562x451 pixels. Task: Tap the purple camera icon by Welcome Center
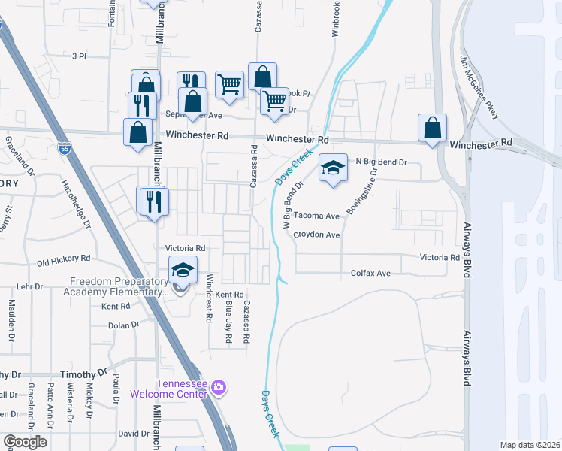click(x=219, y=388)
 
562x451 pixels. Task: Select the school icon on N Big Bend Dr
click(x=333, y=168)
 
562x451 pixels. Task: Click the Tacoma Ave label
click(x=316, y=215)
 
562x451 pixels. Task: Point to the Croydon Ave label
click(x=317, y=235)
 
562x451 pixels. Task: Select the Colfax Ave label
click(x=371, y=274)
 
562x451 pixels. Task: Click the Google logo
click(x=24, y=442)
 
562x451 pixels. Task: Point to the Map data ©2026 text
click(x=529, y=445)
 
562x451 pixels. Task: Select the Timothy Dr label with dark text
click(x=84, y=374)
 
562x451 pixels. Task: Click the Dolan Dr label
click(x=124, y=325)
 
